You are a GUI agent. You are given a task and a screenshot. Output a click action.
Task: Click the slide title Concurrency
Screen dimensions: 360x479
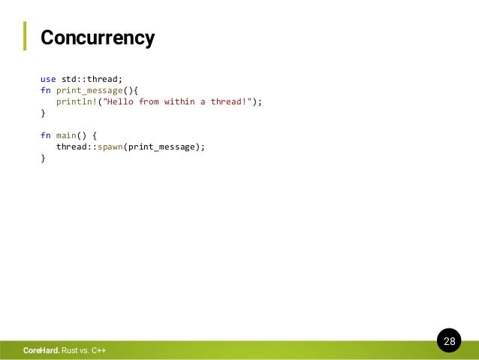[97, 37]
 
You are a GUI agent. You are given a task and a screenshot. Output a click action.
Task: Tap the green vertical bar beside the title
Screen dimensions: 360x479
[24, 36]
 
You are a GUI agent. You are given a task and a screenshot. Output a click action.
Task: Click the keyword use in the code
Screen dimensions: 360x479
[48, 78]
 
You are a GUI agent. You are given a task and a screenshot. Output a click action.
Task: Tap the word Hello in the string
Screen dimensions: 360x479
[120, 101]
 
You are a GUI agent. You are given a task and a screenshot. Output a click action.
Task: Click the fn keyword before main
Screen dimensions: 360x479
[45, 135]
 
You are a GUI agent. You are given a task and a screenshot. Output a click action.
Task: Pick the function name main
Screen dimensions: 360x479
[67, 135]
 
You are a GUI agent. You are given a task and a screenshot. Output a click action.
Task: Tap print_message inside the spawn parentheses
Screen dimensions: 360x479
[161, 147]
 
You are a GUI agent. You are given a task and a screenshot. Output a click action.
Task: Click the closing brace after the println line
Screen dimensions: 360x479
[43, 113]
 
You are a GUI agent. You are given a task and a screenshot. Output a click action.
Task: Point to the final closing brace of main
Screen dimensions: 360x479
[43, 159]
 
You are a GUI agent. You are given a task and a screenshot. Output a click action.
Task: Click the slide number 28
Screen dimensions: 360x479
[449, 342]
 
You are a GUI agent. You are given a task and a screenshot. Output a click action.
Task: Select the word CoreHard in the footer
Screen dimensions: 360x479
[41, 350]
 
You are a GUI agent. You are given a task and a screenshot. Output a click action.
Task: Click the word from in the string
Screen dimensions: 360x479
[149, 101]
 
